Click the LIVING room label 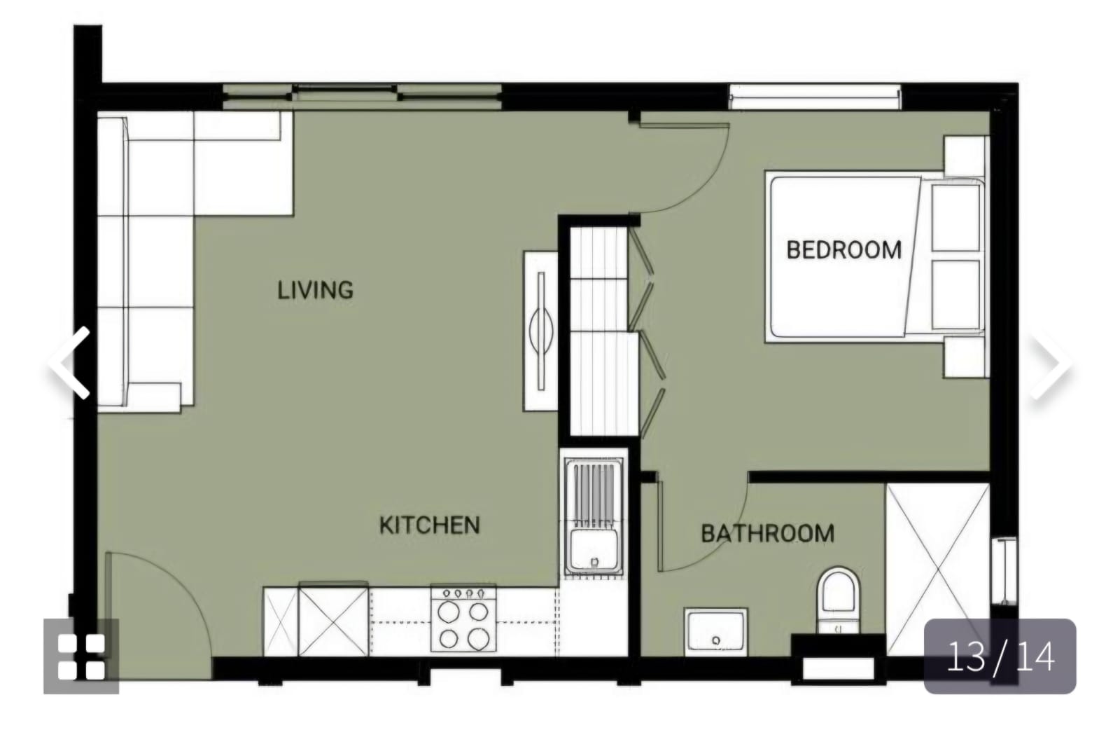(x=316, y=290)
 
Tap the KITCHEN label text (x=430, y=525)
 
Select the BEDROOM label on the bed (x=844, y=249)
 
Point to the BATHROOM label (x=767, y=533)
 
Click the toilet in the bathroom (x=838, y=600)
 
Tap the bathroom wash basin (x=715, y=631)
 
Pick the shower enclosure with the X (x=937, y=570)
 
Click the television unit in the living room (x=540, y=331)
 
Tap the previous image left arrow (x=71, y=363)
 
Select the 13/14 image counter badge (x=1000, y=656)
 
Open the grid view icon (x=81, y=656)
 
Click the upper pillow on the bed (x=955, y=218)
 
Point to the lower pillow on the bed (x=955, y=295)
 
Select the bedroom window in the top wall (x=815, y=97)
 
